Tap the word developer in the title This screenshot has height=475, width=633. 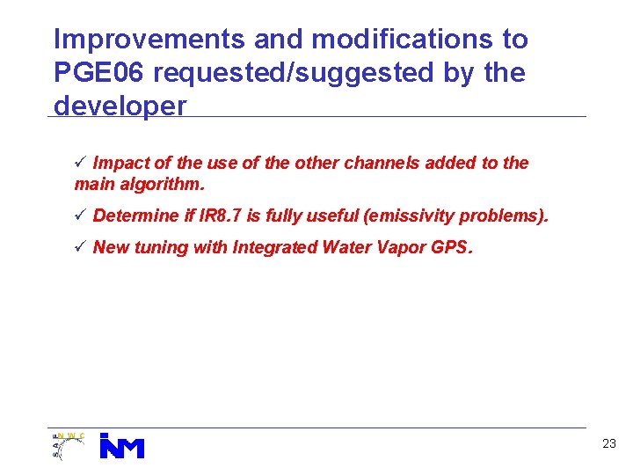(120, 106)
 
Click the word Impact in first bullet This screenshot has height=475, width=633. (121, 163)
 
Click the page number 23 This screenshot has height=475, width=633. (609, 444)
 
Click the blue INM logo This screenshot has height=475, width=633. (121, 446)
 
